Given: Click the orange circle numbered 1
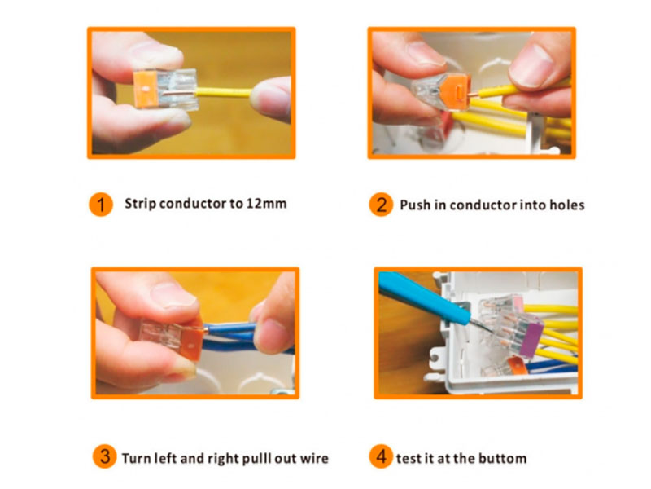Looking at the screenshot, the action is [101, 205].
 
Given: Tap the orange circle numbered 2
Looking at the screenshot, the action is [381, 205].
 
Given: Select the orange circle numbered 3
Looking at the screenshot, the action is [105, 456].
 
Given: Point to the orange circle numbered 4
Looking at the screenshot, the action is [381, 456].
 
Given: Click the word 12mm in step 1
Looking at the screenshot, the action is [267, 204].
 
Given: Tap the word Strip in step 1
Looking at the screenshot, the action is [140, 204].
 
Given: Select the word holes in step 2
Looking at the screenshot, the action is [567, 205].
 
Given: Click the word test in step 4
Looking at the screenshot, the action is [406, 458].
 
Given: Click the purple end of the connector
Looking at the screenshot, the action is [531, 340].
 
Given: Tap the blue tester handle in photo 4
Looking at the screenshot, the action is [422, 293].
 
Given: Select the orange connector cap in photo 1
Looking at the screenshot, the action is [146, 90].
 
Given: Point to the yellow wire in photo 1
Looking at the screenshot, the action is [223, 92].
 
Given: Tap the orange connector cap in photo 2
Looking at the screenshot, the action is [456, 90].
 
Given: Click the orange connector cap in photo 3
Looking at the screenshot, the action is [192, 341].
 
